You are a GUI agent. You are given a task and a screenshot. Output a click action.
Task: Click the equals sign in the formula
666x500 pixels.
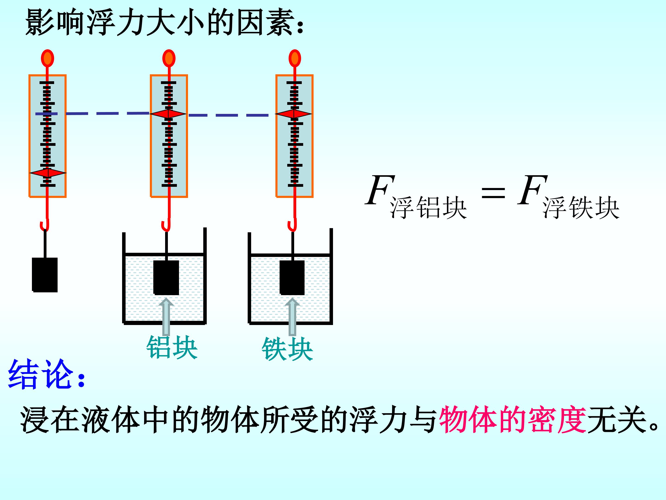(493, 193)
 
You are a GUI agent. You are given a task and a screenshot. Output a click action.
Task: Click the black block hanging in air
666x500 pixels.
(45, 275)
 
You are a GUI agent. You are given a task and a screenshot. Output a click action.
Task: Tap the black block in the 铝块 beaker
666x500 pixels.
(166, 277)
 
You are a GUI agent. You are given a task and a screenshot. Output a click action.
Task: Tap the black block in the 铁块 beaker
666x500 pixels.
(292, 277)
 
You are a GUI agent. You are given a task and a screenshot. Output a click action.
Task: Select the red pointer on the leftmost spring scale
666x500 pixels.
(48, 173)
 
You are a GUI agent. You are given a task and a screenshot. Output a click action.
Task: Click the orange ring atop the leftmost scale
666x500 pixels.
(48, 58)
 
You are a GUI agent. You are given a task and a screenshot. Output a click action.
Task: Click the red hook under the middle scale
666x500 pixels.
(166, 225)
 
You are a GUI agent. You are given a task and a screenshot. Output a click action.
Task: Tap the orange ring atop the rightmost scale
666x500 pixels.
(295, 58)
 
